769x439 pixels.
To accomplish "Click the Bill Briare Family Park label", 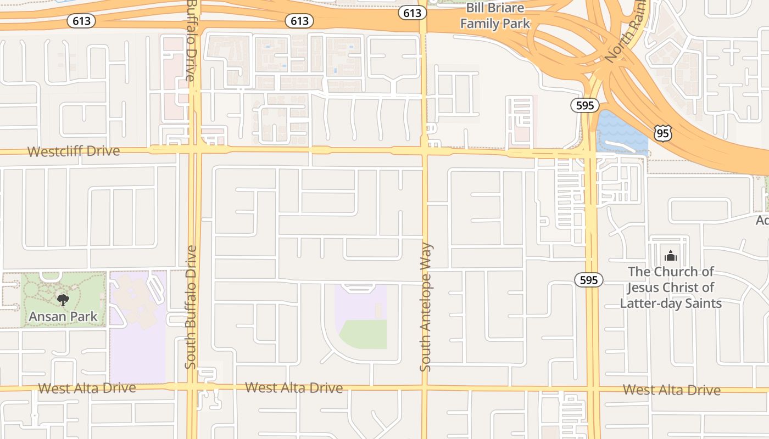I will (x=495, y=16).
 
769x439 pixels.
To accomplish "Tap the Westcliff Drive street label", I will (x=74, y=151).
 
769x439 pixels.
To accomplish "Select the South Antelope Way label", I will (x=426, y=307).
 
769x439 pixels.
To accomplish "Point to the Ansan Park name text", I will (x=63, y=316).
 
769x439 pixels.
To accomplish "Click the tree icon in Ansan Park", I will (x=63, y=300).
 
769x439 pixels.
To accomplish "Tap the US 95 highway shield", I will (x=662, y=132).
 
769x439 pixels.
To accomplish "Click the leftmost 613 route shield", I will (x=81, y=21).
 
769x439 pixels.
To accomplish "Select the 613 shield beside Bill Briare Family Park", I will (x=411, y=13).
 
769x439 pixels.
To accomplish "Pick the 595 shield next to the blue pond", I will (x=584, y=105).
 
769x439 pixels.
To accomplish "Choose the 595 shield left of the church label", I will (x=588, y=280).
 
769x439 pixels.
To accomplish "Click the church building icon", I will (x=671, y=256).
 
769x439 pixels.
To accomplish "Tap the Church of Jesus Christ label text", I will (x=671, y=287).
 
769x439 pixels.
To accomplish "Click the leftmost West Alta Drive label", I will (x=87, y=388).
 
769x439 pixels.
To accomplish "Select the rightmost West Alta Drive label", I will (x=671, y=390).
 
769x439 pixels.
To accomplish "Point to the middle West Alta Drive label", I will (x=294, y=387).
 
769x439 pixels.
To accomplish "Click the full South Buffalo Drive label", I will (x=191, y=307).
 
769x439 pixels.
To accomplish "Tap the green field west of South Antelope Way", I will (x=364, y=334).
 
